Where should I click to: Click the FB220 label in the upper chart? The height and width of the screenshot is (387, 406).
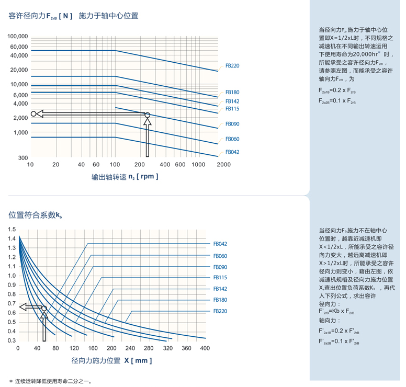point(232,66)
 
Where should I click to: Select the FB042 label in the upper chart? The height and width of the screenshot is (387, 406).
point(232,152)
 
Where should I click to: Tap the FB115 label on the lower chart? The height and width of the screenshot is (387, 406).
point(220,278)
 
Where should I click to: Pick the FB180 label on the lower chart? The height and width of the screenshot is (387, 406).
point(220,300)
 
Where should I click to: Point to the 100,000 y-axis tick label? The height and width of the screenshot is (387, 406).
point(17,37)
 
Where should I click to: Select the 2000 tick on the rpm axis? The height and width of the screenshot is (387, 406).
point(223,164)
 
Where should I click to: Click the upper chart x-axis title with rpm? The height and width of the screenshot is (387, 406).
point(125,177)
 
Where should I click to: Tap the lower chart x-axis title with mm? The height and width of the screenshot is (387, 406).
point(111,361)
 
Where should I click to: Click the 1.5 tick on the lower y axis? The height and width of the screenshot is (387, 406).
point(12,230)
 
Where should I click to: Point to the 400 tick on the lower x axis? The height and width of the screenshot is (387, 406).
point(205,348)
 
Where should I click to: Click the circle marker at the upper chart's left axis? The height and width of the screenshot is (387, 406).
point(33,113)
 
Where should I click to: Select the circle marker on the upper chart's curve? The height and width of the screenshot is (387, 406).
point(147,115)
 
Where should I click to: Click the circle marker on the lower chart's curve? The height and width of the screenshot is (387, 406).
point(44,309)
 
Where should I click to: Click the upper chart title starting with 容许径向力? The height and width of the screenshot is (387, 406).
point(74,16)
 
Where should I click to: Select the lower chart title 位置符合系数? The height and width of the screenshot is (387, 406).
point(36,214)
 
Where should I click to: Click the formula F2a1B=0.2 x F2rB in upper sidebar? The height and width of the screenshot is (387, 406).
point(337,90)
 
